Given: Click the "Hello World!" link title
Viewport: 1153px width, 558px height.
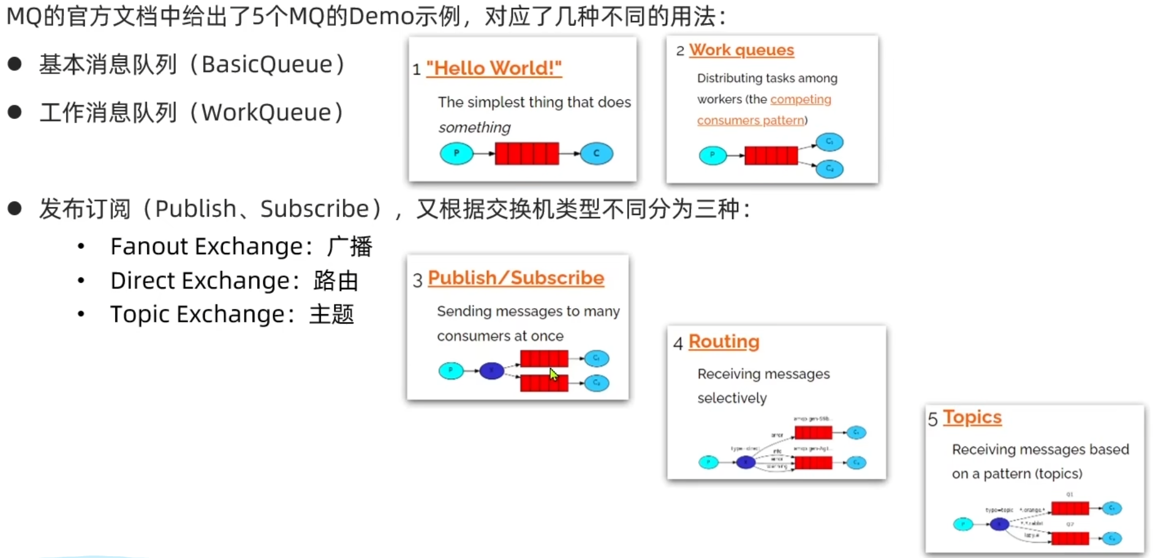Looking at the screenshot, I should (494, 68).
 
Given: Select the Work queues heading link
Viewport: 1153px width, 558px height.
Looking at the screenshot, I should (741, 50).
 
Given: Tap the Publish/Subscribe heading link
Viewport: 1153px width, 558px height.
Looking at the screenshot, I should (516, 278).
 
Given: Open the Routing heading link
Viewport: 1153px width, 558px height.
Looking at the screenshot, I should (724, 341).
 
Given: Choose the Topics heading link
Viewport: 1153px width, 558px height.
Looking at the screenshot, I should (972, 417).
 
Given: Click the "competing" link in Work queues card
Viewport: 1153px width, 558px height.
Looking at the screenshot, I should (800, 99).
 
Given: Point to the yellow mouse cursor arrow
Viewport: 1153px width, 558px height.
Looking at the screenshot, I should (553, 374).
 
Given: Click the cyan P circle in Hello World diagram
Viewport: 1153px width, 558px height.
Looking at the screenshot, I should (456, 153).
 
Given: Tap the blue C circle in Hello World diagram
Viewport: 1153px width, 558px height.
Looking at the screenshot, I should (596, 153).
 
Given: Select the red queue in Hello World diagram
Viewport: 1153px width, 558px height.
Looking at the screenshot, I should (527, 154).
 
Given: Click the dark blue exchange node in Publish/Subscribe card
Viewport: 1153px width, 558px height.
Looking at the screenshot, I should (491, 371).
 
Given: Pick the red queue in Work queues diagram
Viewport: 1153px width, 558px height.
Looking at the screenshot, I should (771, 156).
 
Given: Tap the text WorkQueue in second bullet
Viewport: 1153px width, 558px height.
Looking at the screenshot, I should (267, 113).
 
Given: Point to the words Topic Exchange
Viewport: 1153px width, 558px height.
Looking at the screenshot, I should (197, 314).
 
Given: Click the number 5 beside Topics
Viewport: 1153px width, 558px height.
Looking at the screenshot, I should (932, 420).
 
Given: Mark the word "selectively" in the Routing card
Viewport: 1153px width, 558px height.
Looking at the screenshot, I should (731, 398).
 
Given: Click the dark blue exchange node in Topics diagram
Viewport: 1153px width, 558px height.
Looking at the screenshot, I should (999, 524).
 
